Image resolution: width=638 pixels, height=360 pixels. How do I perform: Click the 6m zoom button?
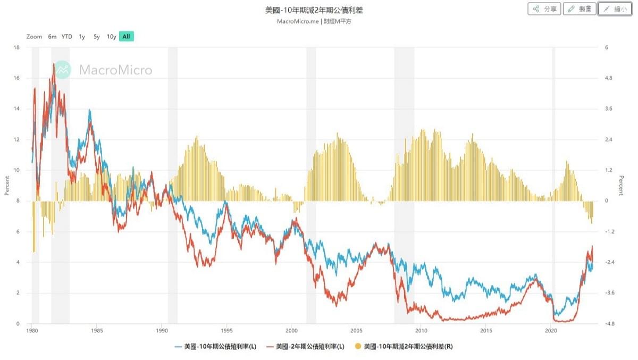tap(52, 37)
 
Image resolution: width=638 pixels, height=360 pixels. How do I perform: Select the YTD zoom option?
tap(66, 37)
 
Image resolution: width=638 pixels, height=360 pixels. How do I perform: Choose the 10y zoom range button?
tap(111, 37)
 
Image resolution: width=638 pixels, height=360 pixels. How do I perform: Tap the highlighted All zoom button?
tap(126, 37)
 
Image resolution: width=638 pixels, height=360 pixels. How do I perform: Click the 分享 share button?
tap(544, 9)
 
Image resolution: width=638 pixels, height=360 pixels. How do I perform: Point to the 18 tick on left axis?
tap(16, 47)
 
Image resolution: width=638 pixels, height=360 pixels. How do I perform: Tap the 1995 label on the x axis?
tap(226, 331)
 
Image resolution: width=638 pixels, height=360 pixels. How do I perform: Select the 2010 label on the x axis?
tap(421, 331)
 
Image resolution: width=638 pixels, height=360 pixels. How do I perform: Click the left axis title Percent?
tap(7, 186)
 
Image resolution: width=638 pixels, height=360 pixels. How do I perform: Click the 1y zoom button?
tap(82, 37)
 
